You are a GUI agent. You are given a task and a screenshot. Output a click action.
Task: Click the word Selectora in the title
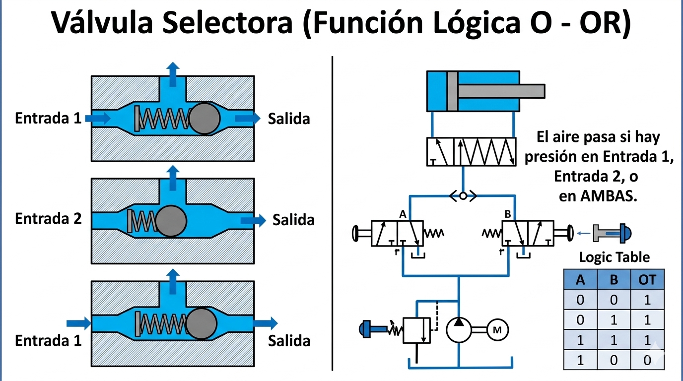[x=227, y=23]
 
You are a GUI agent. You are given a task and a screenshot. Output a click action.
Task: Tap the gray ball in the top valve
[x=205, y=119]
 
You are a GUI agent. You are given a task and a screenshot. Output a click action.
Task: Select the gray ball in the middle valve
[x=171, y=221]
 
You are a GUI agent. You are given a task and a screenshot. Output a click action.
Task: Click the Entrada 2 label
[x=48, y=219]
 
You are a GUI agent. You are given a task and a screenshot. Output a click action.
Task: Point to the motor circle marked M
[x=497, y=330]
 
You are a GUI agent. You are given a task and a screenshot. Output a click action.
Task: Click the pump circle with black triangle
[x=459, y=330]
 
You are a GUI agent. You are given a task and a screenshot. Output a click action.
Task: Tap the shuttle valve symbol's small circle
[x=463, y=196]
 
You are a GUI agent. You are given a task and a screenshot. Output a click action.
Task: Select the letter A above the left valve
[x=403, y=215]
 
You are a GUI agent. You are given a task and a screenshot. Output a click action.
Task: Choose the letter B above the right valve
[x=508, y=214]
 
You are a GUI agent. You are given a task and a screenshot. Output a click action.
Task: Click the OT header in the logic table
[x=647, y=280]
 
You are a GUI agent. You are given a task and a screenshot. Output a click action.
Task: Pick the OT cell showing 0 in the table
[x=647, y=360]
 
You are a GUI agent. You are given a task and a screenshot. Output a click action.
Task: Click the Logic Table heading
[x=615, y=257]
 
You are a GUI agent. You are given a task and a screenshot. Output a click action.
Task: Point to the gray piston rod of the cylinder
[x=501, y=91]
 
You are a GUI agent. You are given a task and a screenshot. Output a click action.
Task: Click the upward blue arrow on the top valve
[x=173, y=74]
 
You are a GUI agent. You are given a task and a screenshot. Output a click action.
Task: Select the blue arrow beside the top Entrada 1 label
[x=98, y=118]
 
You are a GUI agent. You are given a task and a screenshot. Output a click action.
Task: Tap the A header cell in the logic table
[x=580, y=279]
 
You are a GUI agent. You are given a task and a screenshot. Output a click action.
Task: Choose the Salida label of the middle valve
[x=293, y=220]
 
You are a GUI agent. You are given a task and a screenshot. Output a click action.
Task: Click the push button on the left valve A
[x=361, y=234]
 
